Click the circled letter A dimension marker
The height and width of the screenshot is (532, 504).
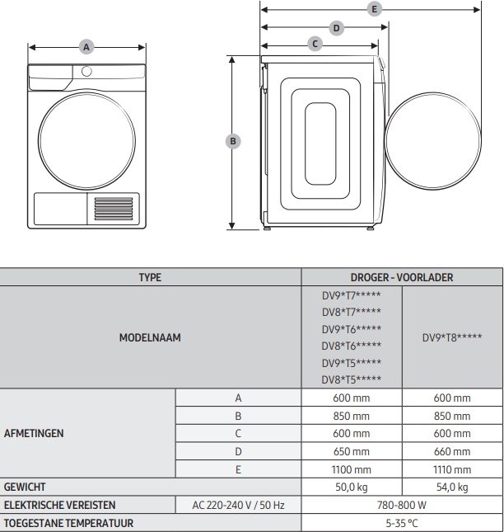click(x=86, y=47)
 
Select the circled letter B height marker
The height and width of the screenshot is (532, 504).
click(x=233, y=141)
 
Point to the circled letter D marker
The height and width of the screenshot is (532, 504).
click(x=336, y=27)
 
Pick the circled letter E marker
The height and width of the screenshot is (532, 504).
click(x=375, y=9)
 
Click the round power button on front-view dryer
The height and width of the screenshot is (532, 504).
click(x=86, y=71)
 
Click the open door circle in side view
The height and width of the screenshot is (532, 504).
click(x=432, y=141)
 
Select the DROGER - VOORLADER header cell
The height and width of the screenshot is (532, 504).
click(x=402, y=278)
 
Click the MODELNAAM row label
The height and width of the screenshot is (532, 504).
click(x=150, y=337)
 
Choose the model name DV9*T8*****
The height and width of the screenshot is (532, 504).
click(x=452, y=338)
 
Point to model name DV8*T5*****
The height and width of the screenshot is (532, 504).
click(x=351, y=379)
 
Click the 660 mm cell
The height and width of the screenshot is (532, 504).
click(x=452, y=451)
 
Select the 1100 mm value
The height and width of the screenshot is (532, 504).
click(x=351, y=468)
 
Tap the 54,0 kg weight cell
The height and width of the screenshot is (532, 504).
click(x=452, y=487)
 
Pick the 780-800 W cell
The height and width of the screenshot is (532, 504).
click(x=402, y=505)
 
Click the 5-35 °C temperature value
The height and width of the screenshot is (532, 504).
click(x=402, y=523)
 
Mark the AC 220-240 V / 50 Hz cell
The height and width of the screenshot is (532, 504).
click(x=238, y=505)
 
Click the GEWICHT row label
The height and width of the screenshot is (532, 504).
click(x=25, y=487)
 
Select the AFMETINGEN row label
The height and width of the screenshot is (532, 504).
click(x=34, y=433)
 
